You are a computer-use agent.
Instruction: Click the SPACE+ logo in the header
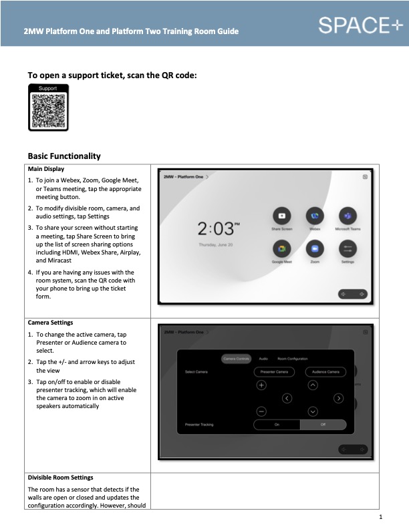coord(361,25)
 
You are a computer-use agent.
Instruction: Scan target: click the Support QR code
coord(48,110)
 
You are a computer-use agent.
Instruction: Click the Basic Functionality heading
coord(64,156)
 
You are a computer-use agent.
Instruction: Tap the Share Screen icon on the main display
coord(281,216)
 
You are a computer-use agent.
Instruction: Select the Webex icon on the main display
coord(315,216)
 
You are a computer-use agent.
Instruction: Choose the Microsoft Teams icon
coord(348,216)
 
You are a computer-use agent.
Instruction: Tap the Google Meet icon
coord(281,249)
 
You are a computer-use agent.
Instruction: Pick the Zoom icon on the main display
coord(315,249)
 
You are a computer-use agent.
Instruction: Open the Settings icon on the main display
coord(348,249)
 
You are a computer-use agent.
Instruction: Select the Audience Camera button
coord(325,371)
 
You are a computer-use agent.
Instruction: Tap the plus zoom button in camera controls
coord(261,385)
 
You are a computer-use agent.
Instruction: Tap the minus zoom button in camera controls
coord(261,411)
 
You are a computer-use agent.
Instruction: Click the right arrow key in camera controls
coord(338,398)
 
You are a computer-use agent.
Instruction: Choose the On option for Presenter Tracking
coord(276,425)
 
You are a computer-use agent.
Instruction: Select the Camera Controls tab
coord(236,359)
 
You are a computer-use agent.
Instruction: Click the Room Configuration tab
coord(292,359)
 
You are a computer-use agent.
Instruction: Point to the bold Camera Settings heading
coord(50,323)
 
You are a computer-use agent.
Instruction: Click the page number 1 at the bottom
coord(380,518)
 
